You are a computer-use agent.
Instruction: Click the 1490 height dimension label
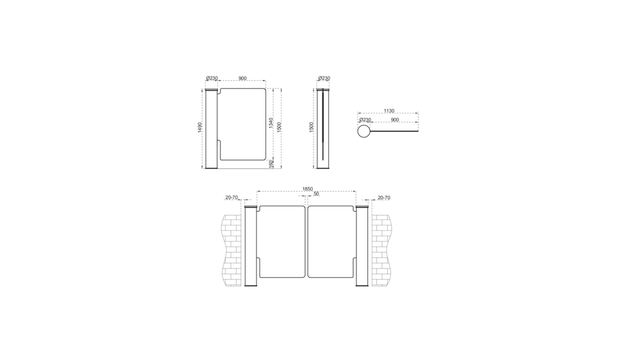point(200,127)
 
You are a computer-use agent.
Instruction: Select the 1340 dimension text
point(271,123)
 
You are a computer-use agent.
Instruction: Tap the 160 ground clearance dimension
point(271,164)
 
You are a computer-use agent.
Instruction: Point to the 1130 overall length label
point(389,111)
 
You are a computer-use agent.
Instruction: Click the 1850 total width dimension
point(308,189)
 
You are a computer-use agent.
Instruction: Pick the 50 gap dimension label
point(316,193)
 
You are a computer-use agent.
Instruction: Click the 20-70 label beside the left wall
point(231,198)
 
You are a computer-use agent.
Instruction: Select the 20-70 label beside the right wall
point(384,198)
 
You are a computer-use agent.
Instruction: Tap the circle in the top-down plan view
point(364,131)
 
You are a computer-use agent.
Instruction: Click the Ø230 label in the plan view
point(365,120)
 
